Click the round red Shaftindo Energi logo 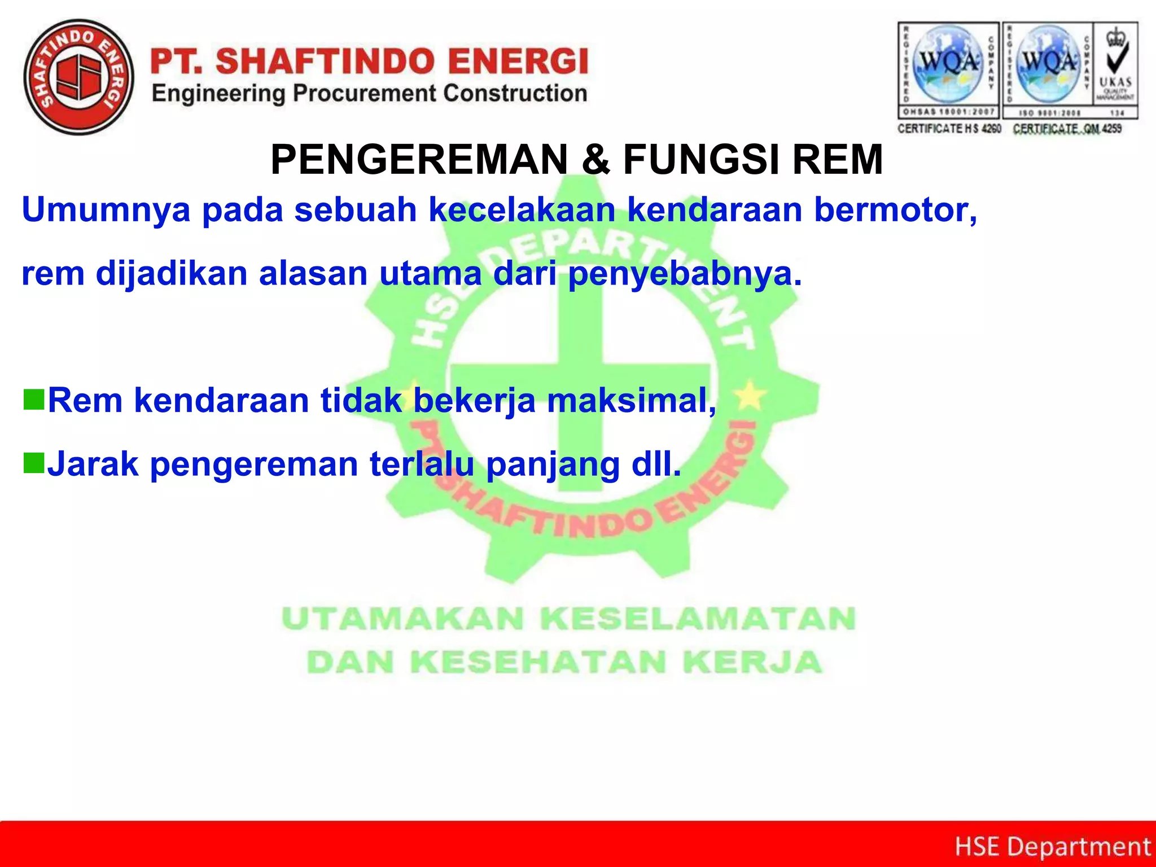pos(79,77)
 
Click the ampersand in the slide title pos(595,160)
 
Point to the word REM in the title pos(838,160)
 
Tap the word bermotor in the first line pos(895,210)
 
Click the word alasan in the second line pos(313,274)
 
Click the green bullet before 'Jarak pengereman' pos(34,463)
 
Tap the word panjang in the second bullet pos(553,465)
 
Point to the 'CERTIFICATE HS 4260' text pos(949,129)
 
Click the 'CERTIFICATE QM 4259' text pos(1067,129)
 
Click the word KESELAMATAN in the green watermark pos(698,619)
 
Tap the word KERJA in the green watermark pos(752,662)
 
